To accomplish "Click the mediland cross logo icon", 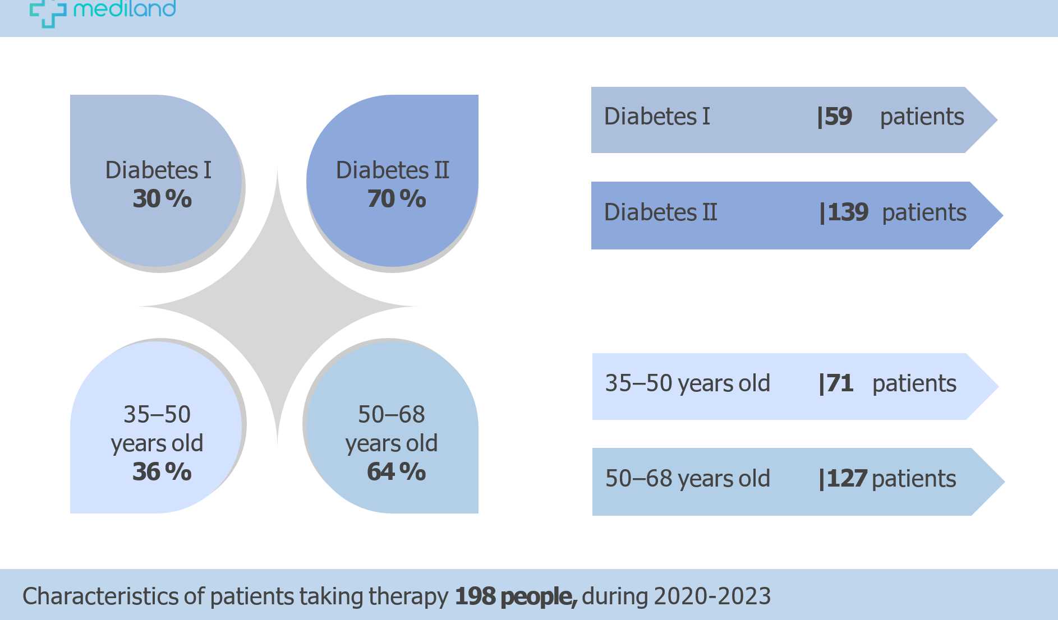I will click(47, 12).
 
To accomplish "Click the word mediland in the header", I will click(125, 8).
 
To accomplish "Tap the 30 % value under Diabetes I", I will click(162, 199).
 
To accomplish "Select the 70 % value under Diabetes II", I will click(396, 199).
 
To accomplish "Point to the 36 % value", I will click(162, 471).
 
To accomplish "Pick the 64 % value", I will click(396, 471).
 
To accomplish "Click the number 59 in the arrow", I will click(838, 117).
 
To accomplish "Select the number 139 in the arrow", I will click(847, 212).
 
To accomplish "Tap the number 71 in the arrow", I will click(839, 383).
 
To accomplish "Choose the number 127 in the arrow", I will click(847, 479).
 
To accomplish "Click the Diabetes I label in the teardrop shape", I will click(158, 170).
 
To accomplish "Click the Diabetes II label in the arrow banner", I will click(660, 212).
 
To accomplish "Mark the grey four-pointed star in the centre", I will click(277, 307).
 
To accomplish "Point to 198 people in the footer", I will click(515, 596).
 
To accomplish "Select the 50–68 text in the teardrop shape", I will click(391, 415).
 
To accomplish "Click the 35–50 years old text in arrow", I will click(687, 383).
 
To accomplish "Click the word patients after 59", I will click(922, 117).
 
